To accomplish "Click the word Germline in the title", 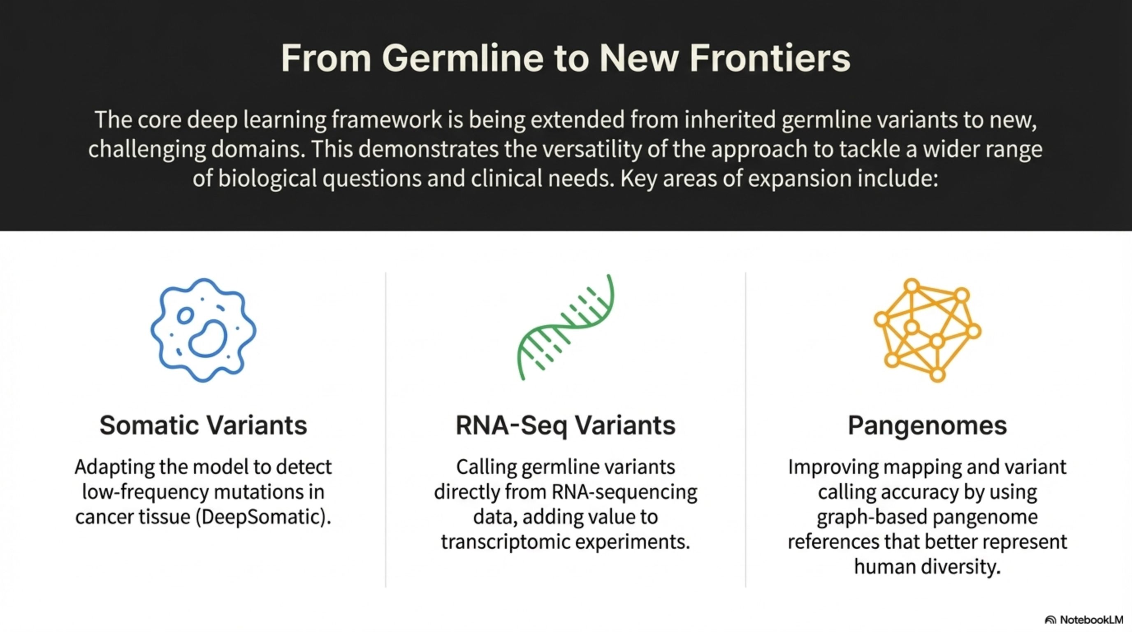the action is pyautogui.click(x=463, y=58).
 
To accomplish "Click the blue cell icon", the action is pyautogui.click(x=204, y=330).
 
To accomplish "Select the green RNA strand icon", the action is pyautogui.click(x=566, y=327).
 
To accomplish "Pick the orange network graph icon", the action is pyautogui.click(x=927, y=330).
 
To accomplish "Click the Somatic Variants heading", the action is pyautogui.click(x=204, y=425).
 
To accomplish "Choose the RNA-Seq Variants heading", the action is pyautogui.click(x=566, y=426).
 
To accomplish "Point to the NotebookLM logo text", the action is pyautogui.click(x=1092, y=620).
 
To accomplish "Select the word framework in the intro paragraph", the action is pyautogui.click(x=387, y=120).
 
